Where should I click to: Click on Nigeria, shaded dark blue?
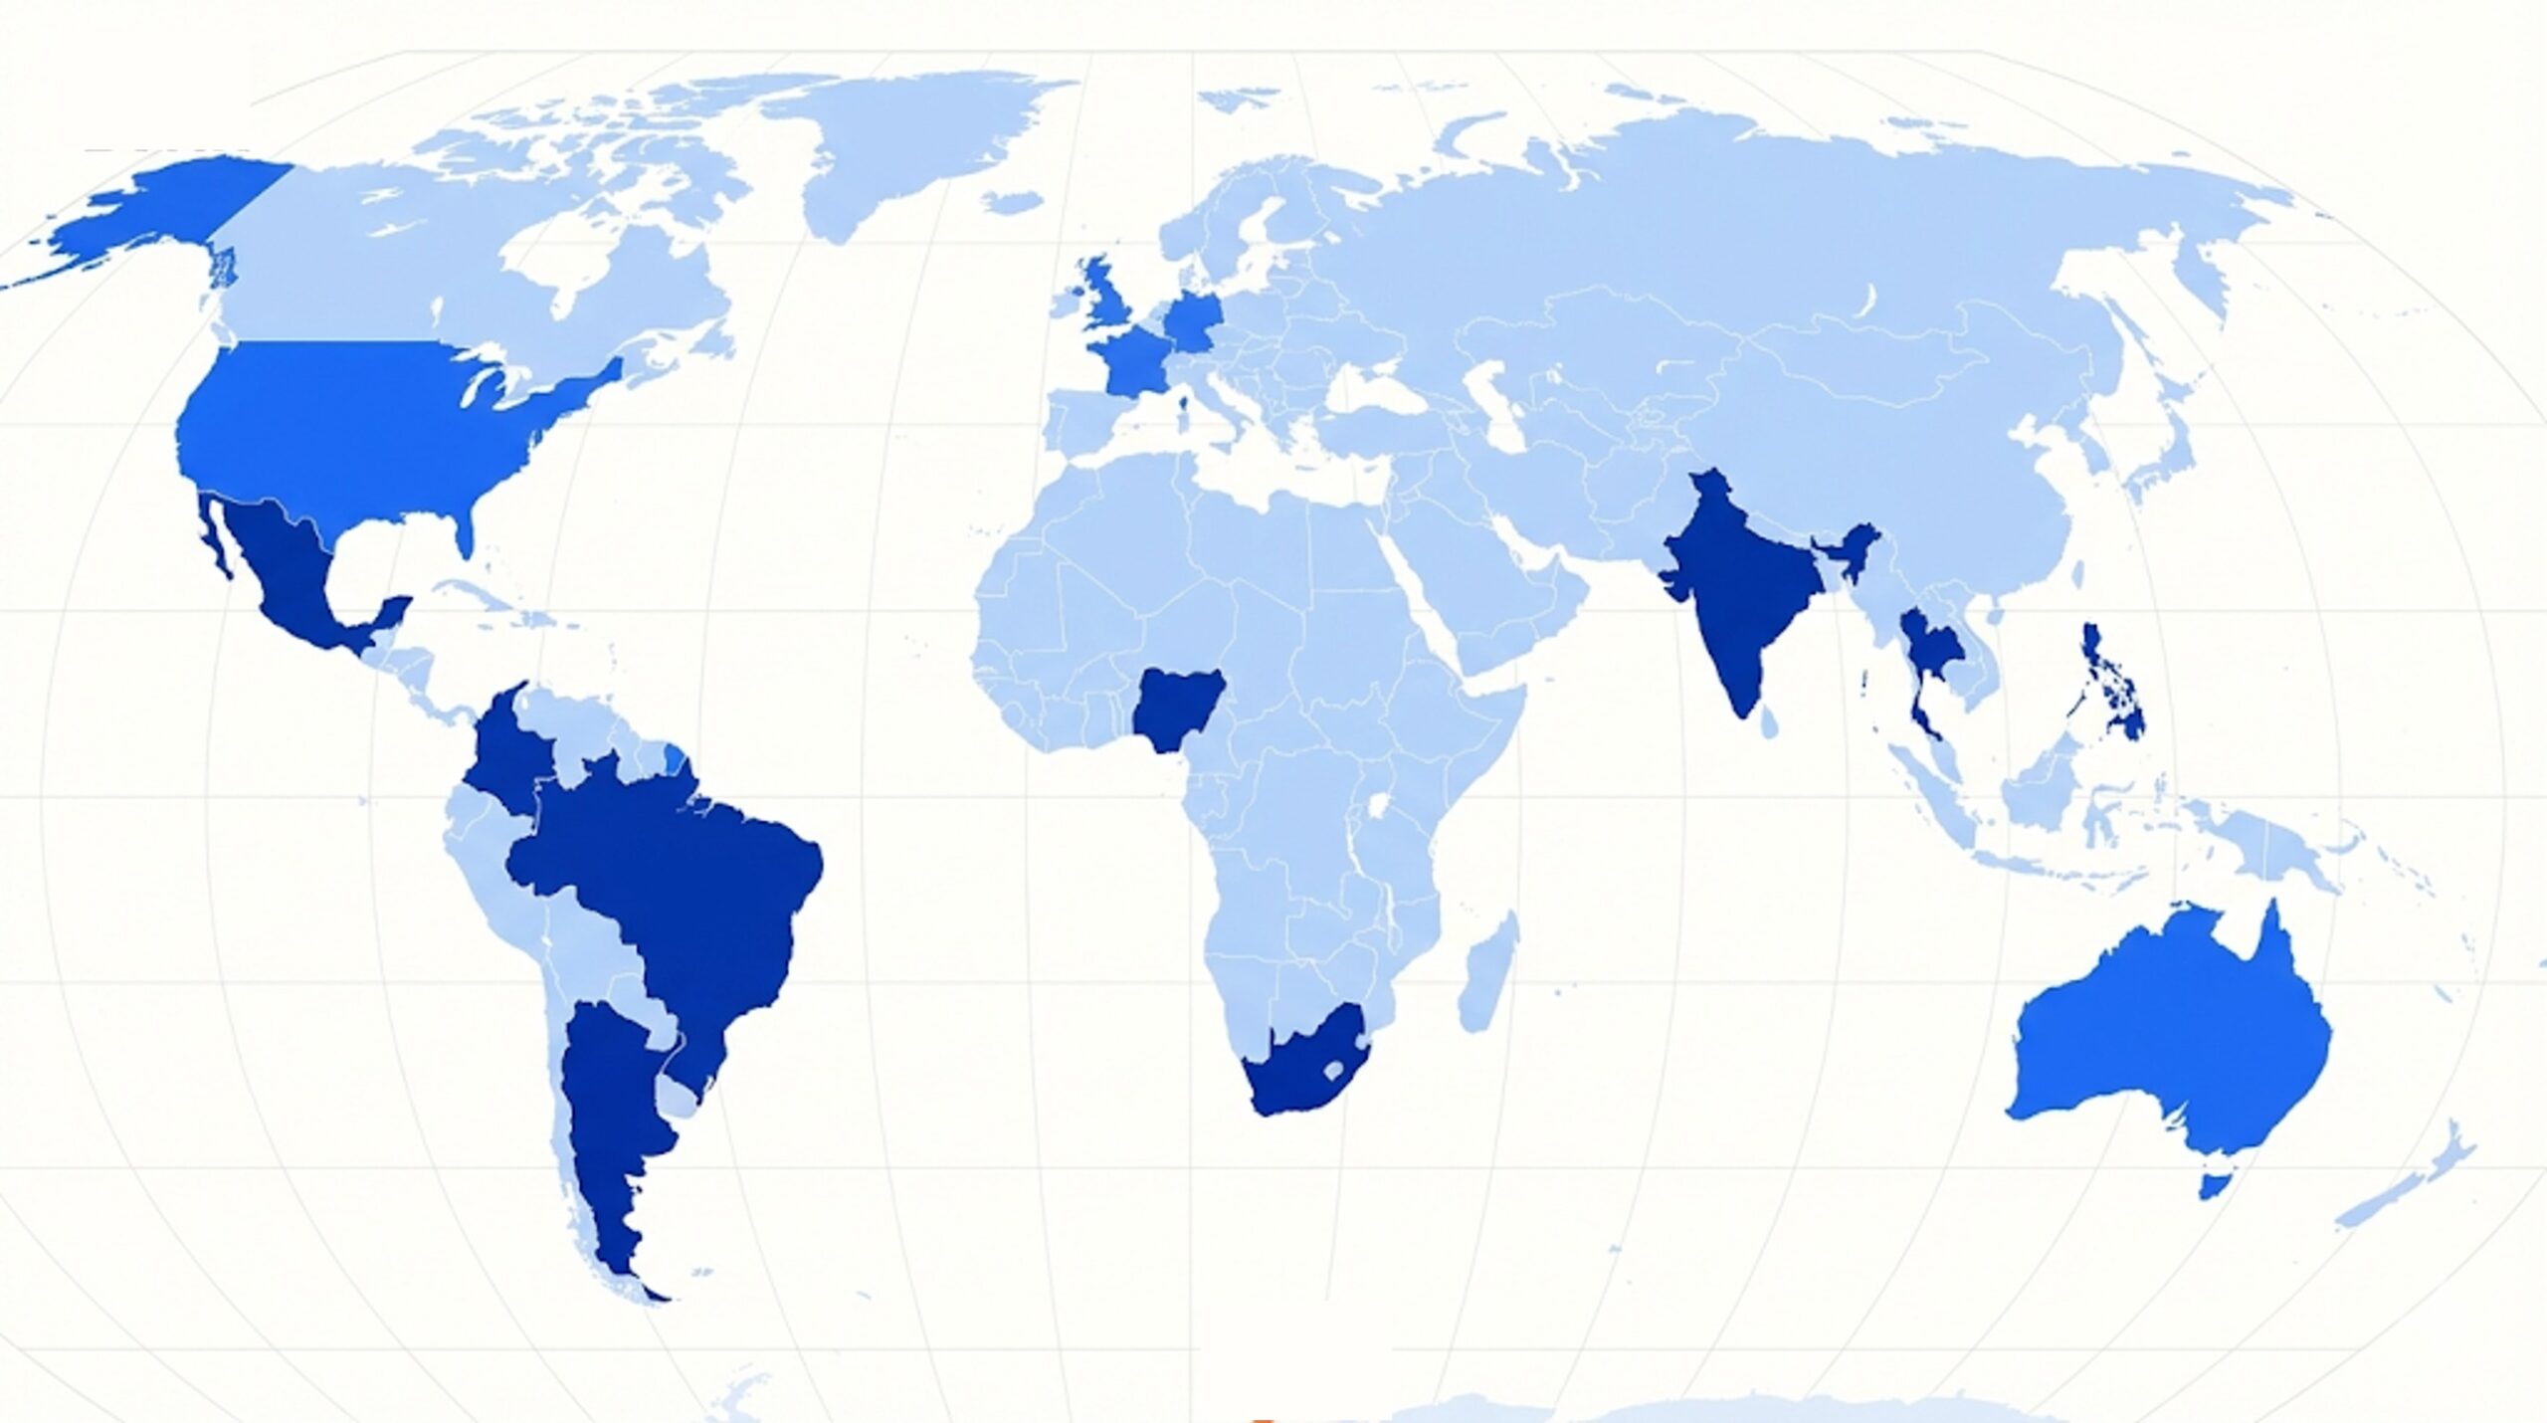1176,709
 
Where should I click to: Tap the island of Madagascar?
1487,975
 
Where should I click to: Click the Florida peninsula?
463,532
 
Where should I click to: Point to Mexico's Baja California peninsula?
213,537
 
